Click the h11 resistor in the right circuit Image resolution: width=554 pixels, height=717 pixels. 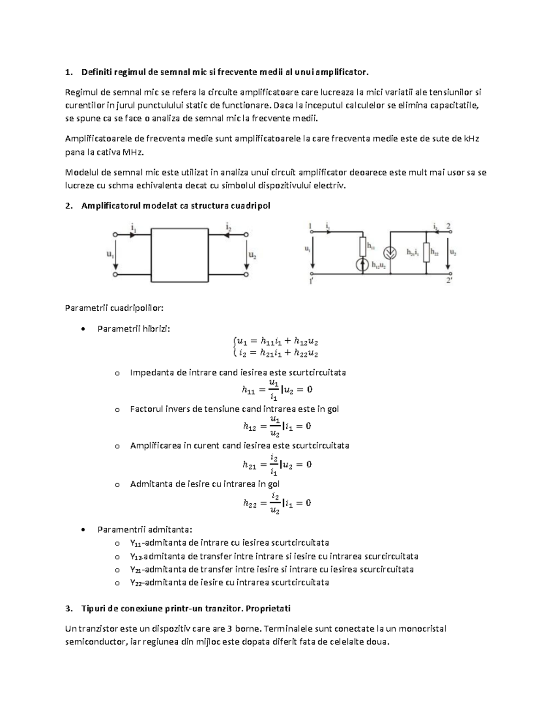[x=363, y=247]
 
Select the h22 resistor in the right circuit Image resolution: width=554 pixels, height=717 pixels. [x=427, y=253]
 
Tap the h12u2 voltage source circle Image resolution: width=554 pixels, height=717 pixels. [x=363, y=265]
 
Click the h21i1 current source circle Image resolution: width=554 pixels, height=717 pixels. [x=391, y=253]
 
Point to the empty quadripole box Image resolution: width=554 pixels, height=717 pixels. [x=180, y=254]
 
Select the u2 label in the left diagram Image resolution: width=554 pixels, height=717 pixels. [x=253, y=254]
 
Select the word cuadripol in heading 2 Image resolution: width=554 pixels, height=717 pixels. [x=251, y=206]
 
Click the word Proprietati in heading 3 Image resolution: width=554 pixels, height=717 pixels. [x=268, y=608]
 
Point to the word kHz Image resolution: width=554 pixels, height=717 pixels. [x=471, y=139]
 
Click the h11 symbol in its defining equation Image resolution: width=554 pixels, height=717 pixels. [x=248, y=391]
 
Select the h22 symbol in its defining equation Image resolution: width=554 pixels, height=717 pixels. [x=249, y=504]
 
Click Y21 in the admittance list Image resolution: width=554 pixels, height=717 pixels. [x=136, y=569]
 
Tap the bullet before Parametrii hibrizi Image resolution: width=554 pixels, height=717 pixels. [x=82, y=329]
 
